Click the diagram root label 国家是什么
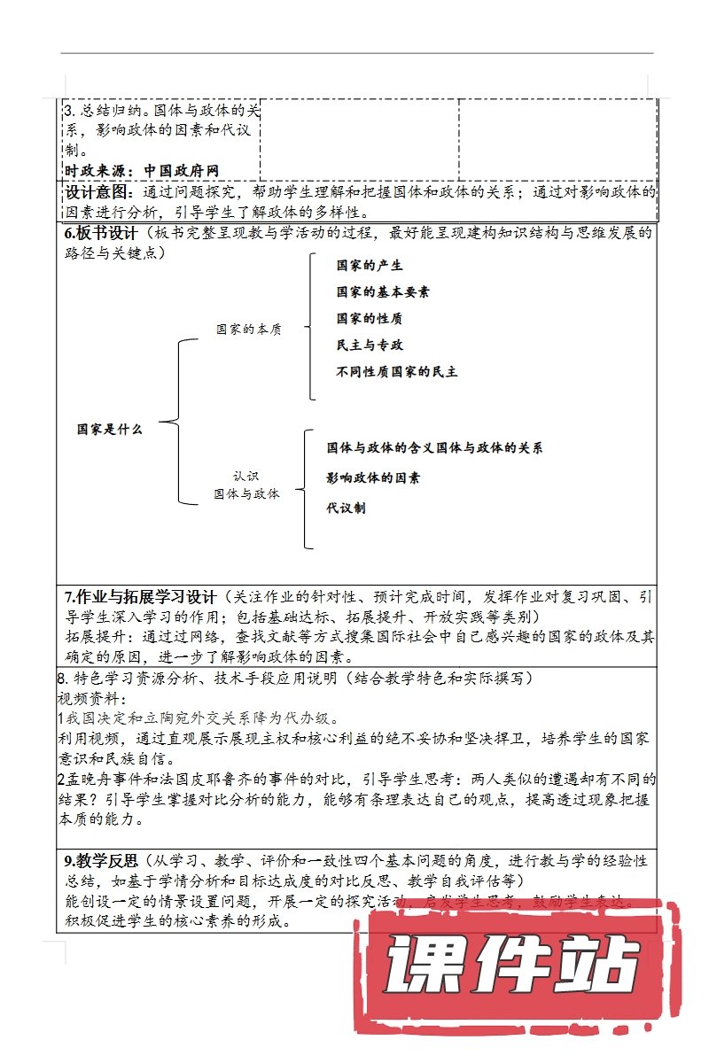coord(109,429)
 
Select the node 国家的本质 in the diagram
coord(249,330)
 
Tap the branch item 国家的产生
coord(370,265)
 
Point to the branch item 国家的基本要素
coord(383,291)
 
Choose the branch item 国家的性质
coord(370,318)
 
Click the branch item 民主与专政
coord(370,345)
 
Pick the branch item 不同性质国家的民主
coord(397,371)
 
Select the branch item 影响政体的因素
coord(373,478)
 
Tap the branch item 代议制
coord(346,508)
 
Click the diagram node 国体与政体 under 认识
coord(246,493)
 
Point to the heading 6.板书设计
coord(101,234)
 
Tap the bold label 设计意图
coord(97,192)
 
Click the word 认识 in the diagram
coord(246,476)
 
